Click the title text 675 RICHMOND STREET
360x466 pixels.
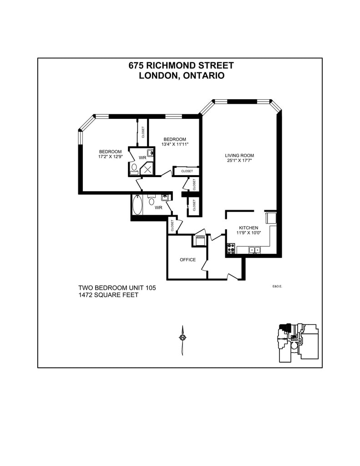(181, 66)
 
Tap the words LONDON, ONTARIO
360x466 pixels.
(181, 76)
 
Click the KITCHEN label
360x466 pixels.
(248, 228)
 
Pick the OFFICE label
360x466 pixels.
(188, 260)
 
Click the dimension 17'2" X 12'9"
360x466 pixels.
(111, 157)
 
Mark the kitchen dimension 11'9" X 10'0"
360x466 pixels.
(248, 233)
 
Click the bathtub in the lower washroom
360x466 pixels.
(137, 205)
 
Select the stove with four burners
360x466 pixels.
(231, 248)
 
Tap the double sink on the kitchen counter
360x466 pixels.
(254, 249)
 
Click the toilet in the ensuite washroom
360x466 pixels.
(134, 168)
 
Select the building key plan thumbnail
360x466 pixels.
(298, 342)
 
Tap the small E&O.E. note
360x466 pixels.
(278, 287)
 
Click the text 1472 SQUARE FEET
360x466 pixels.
(108, 295)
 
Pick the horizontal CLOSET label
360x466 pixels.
(187, 171)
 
